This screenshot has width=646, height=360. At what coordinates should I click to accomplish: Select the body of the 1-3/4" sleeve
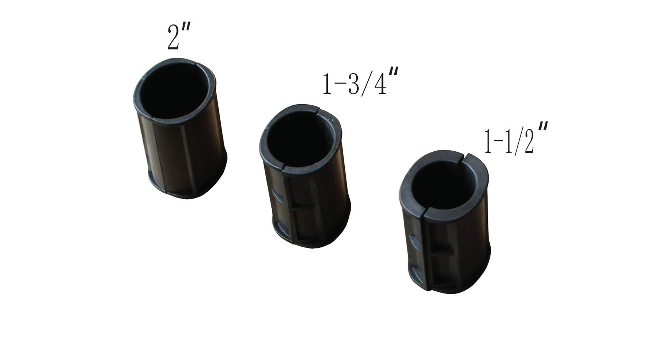tap(305, 176)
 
